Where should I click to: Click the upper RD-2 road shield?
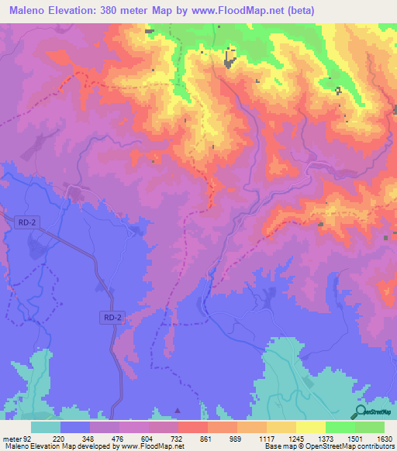tap(26, 222)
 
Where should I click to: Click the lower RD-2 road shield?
tap(112, 317)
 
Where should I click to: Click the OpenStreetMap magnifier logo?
tap(361, 412)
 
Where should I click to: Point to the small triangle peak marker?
tap(177, 410)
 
